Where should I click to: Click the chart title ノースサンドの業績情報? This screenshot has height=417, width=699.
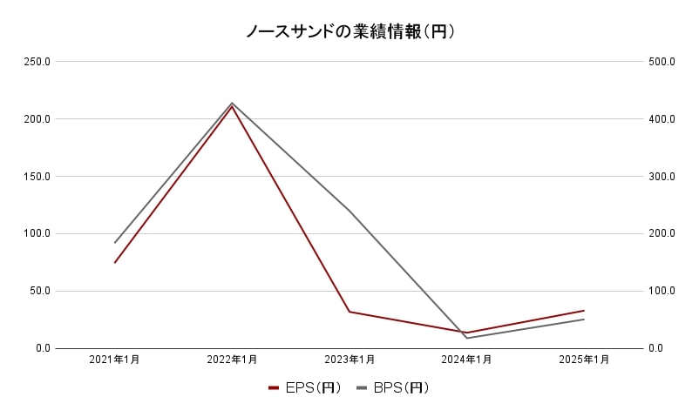tap(349, 32)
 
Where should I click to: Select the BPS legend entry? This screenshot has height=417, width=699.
tap(394, 388)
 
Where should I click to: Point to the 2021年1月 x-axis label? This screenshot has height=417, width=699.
tap(114, 359)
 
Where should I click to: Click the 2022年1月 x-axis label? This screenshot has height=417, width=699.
tap(232, 359)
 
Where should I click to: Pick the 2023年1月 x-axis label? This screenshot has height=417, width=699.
tap(349, 359)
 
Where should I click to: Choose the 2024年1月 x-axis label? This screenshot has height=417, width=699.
tap(466, 359)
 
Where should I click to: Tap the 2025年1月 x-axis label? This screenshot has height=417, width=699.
tap(584, 359)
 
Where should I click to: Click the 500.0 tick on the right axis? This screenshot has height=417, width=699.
tap(662, 62)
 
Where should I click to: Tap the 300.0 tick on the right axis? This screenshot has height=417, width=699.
tap(662, 177)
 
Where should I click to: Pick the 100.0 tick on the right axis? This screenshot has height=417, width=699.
tap(662, 291)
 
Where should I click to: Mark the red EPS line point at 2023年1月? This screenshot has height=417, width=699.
tap(349, 312)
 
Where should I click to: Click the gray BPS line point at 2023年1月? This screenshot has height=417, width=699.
tap(349, 211)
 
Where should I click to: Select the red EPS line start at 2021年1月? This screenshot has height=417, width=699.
tap(115, 262)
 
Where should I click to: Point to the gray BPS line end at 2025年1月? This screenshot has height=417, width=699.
tap(584, 319)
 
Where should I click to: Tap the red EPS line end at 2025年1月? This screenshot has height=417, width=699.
tap(584, 311)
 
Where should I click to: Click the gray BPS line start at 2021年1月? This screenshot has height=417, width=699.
tap(115, 243)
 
